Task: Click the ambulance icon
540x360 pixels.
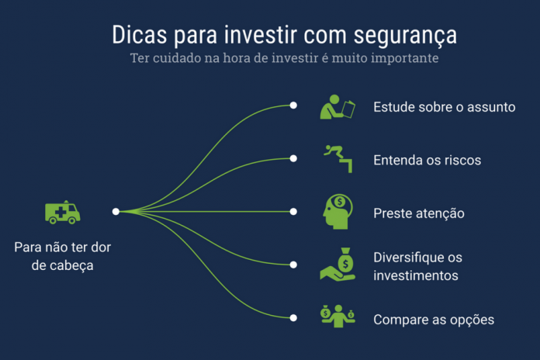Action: (62, 212)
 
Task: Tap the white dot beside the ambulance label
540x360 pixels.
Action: (116, 211)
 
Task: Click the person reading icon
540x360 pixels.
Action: (337, 107)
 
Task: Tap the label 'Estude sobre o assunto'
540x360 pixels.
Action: (444, 107)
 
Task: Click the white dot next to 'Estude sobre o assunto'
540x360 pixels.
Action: (293, 105)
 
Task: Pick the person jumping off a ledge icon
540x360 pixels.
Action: (337, 158)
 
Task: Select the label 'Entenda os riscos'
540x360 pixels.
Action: (427, 161)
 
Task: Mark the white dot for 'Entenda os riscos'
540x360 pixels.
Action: (293, 158)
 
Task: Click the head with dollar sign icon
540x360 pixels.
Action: (337, 212)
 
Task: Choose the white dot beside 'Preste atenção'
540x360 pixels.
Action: (293, 211)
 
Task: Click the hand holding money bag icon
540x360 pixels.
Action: (337, 265)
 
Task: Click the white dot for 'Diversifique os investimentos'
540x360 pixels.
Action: (293, 265)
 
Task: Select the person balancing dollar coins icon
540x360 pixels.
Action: (337, 317)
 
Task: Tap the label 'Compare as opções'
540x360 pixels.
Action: (433, 320)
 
